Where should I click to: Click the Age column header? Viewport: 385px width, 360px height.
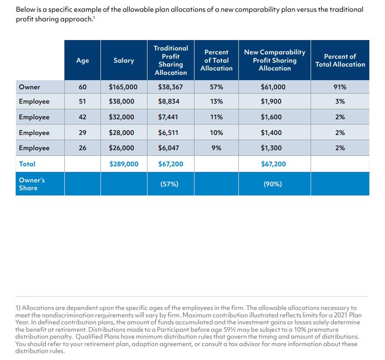[x=83, y=61]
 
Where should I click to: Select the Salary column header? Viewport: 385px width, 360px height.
[x=124, y=61]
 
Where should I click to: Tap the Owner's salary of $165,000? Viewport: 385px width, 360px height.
[x=123, y=87]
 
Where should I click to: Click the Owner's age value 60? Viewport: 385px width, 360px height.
[x=83, y=87]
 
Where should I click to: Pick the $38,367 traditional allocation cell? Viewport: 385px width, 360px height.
[x=171, y=87]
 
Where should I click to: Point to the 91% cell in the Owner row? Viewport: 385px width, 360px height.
[x=340, y=87]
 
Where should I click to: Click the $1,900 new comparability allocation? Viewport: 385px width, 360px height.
[x=271, y=101]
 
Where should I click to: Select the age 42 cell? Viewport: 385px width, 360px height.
[x=83, y=117]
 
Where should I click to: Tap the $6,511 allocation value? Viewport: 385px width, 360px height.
[x=168, y=133]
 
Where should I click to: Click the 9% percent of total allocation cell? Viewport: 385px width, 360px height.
[x=216, y=148]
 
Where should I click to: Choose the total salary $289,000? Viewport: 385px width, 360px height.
[x=124, y=164]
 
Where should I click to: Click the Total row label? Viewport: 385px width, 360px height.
[x=27, y=164]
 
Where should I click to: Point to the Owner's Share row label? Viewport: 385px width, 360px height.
[x=32, y=184]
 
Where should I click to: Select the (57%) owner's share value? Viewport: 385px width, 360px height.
[x=169, y=184]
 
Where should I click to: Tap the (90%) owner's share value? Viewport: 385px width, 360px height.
[x=273, y=184]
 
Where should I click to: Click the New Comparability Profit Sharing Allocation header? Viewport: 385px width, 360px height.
[x=275, y=60]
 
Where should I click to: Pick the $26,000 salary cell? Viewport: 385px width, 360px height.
[x=121, y=148]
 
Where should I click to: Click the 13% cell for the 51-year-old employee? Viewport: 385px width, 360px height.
[x=216, y=101]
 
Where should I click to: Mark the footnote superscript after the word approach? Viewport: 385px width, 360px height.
[x=94, y=17]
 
